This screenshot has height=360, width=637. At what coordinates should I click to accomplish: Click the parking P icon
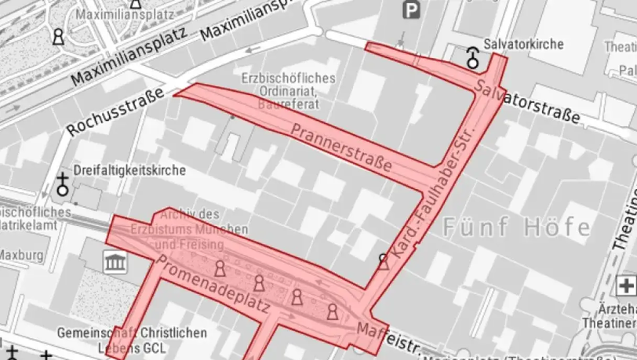tap(411, 9)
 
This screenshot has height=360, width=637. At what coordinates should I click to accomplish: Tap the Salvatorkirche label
tap(524, 44)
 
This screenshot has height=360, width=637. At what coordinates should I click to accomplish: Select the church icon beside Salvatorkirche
tap(473, 56)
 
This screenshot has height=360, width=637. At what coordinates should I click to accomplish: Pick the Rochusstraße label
tap(115, 112)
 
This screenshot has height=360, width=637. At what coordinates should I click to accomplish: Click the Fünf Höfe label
tap(517, 228)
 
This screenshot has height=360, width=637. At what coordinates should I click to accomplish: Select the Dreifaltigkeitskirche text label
tap(129, 170)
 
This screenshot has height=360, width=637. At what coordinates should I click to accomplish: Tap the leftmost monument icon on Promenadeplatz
tap(220, 269)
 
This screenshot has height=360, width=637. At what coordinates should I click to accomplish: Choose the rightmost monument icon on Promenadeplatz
tap(333, 312)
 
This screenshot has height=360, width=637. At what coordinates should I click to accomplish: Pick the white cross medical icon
tap(626, 285)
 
